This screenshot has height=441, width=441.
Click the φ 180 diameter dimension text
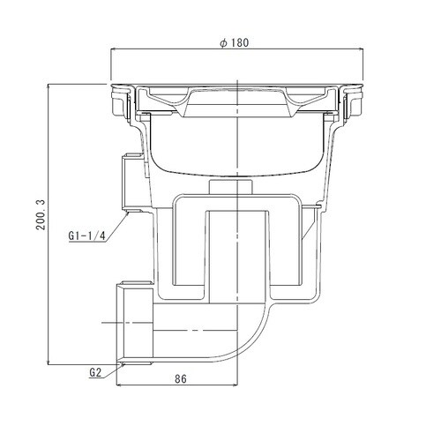coord(235,43)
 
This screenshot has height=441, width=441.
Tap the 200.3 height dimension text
coord(41,214)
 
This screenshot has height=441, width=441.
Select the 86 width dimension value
coord(181,379)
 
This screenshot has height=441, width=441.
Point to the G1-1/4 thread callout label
coord(86,235)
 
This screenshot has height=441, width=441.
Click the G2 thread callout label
coord(95,373)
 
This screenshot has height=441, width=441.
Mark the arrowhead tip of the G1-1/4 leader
coord(129,213)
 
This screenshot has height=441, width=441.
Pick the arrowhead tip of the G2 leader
coord(123,363)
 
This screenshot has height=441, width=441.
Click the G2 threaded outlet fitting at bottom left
coord(135,324)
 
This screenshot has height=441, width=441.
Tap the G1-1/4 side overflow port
coord(131,183)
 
